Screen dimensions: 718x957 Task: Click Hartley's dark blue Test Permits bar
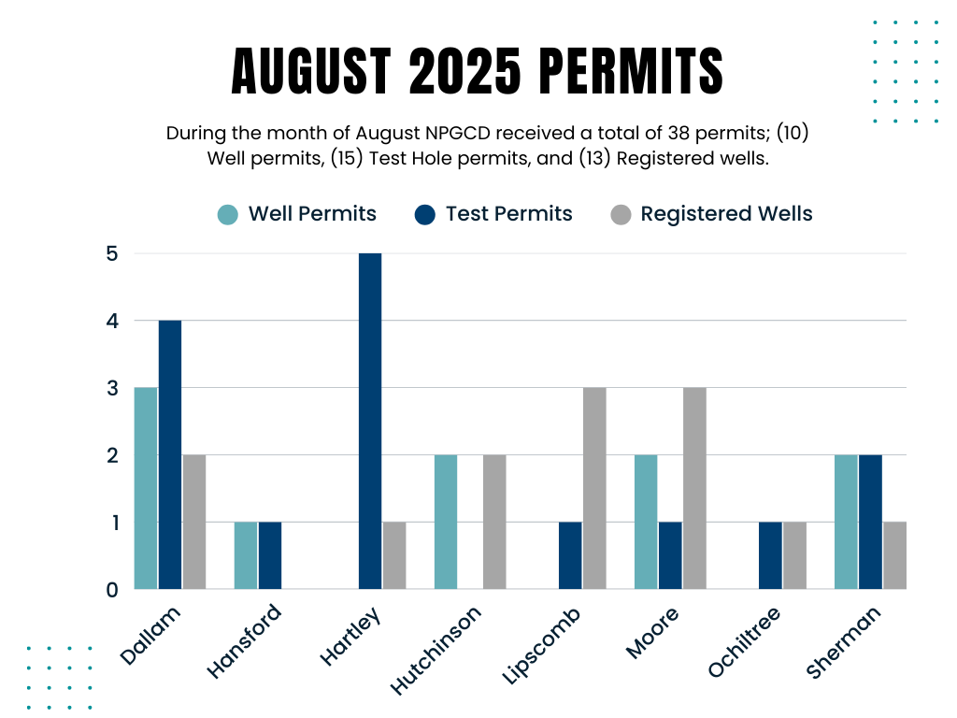pyautogui.click(x=370, y=421)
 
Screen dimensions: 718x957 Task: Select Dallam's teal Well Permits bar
pyautogui.click(x=146, y=488)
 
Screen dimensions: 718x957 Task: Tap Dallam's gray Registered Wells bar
pyautogui.click(x=194, y=522)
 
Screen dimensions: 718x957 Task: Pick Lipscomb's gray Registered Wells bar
pyautogui.click(x=594, y=488)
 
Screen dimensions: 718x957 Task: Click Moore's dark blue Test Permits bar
pyautogui.click(x=670, y=555)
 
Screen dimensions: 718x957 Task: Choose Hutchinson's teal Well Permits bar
pyautogui.click(x=446, y=522)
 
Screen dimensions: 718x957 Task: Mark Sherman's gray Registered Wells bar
pyautogui.click(x=894, y=555)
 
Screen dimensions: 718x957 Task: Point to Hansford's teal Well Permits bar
pyautogui.click(x=246, y=555)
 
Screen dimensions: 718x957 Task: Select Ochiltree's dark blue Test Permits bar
pyautogui.click(x=770, y=555)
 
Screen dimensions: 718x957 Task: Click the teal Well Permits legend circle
pyautogui.click(x=228, y=214)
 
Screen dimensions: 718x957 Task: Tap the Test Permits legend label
pyautogui.click(x=508, y=214)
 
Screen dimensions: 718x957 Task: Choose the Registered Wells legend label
pyautogui.click(x=726, y=214)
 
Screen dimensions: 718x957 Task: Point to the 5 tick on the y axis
pyautogui.click(x=113, y=253)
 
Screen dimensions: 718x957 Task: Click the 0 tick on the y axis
pyautogui.click(x=113, y=589)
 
